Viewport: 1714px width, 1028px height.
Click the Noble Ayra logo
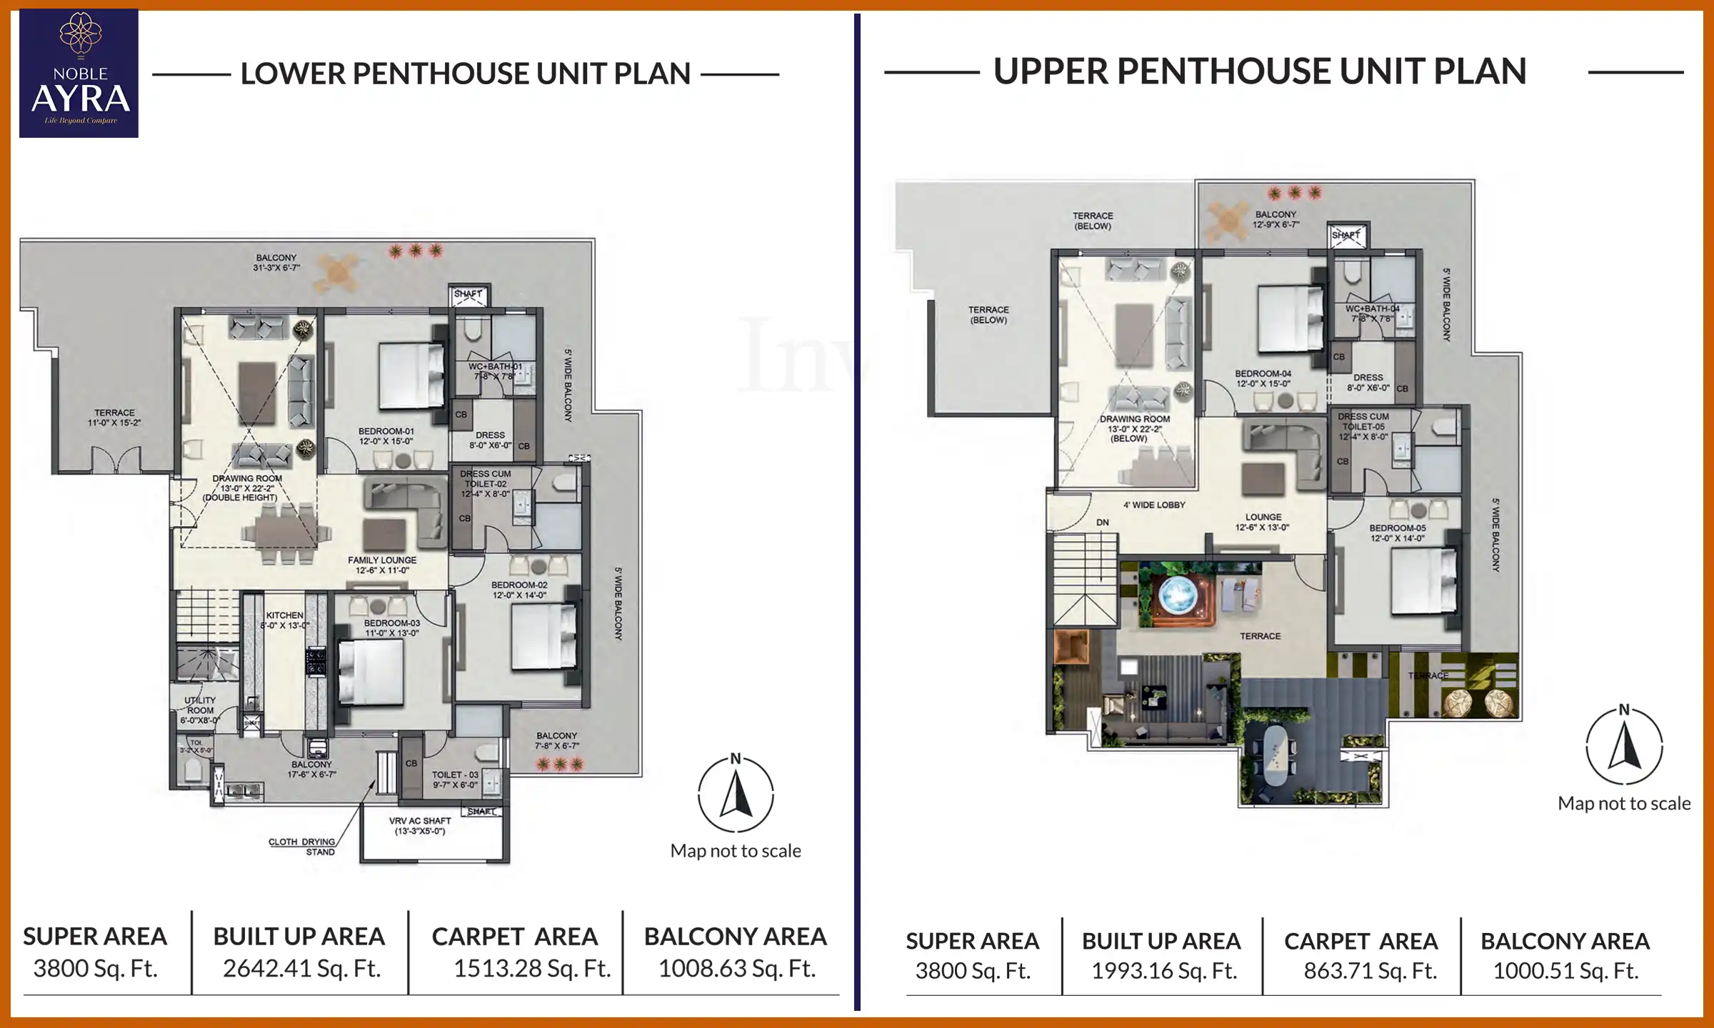coord(79,74)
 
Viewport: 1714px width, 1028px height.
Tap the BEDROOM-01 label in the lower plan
coord(386,436)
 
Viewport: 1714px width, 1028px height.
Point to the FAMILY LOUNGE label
coord(382,565)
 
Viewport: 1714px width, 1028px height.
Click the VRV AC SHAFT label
coord(420,826)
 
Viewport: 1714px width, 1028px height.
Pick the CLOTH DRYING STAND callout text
coord(302,847)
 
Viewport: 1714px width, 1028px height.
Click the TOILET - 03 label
coord(455,780)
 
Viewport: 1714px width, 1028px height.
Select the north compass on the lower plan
coord(736,794)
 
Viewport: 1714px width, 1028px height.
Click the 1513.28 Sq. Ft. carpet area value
coord(532,969)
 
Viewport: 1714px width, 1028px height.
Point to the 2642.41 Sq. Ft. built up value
coord(301,969)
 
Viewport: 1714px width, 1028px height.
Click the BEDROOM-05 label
coord(1398,533)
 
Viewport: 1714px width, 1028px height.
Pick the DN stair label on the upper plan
coord(1103,523)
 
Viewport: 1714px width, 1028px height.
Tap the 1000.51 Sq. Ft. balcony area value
coord(1565,971)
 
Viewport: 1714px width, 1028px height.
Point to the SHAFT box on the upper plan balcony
coord(1346,235)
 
